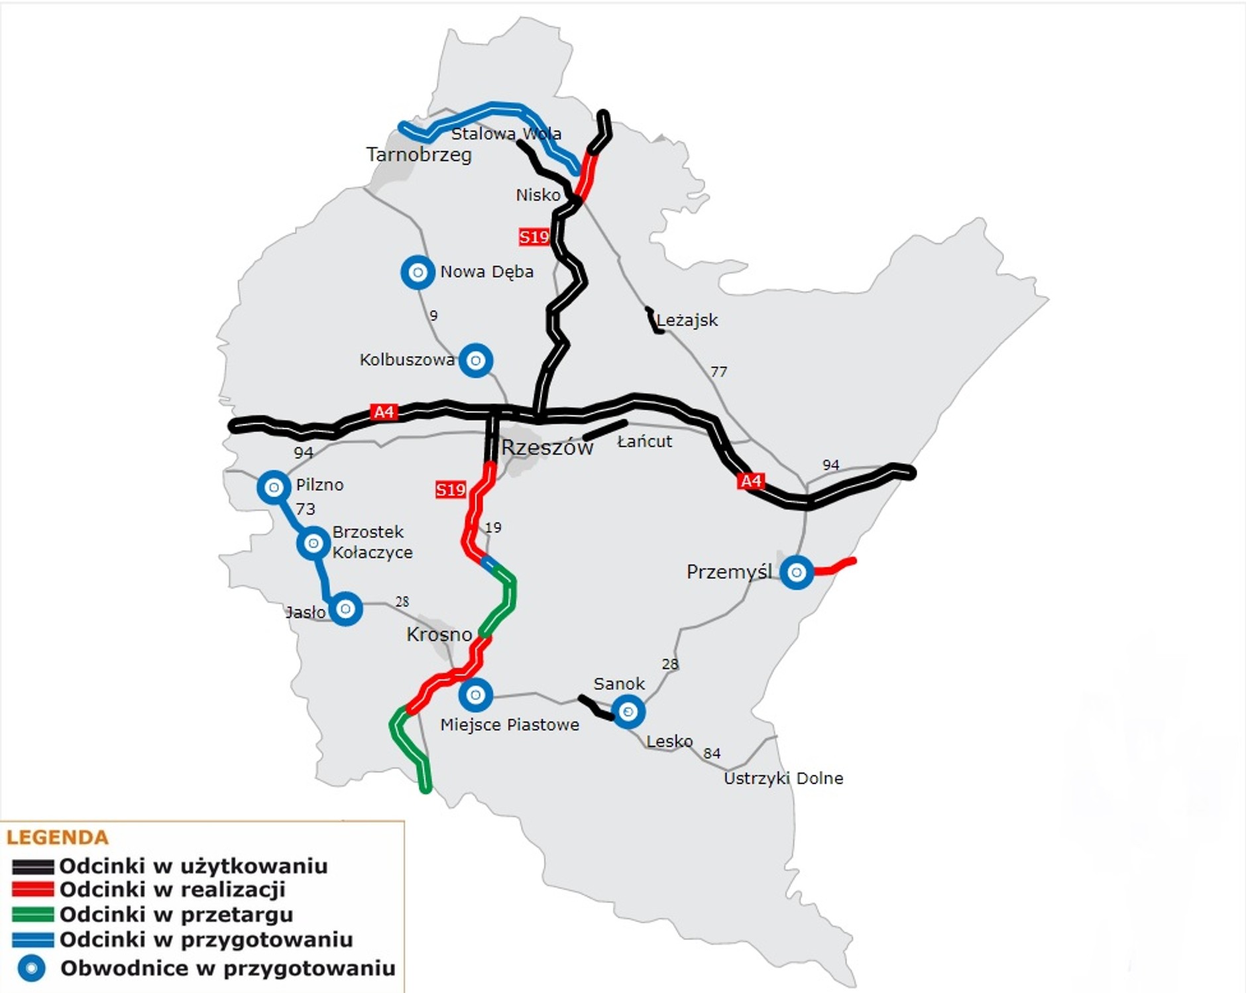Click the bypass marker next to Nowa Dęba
tap(418, 272)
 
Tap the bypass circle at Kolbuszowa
tap(476, 361)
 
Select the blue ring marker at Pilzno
tap(274, 487)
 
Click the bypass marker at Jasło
tap(345, 609)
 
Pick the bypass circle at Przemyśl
tap(797, 572)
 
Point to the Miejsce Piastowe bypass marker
tap(475, 695)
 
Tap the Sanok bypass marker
tap(628, 711)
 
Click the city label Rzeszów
tap(547, 447)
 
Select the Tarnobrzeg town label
tap(419, 154)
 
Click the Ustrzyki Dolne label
tap(783, 778)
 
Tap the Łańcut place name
tap(644, 441)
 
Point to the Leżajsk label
tap(687, 320)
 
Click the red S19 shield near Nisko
tap(534, 237)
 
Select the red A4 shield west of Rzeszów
tap(384, 412)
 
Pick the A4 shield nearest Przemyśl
tap(752, 481)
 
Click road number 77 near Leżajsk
tap(718, 371)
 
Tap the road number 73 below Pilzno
tap(305, 509)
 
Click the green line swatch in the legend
tap(32, 914)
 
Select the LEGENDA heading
tap(58, 837)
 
